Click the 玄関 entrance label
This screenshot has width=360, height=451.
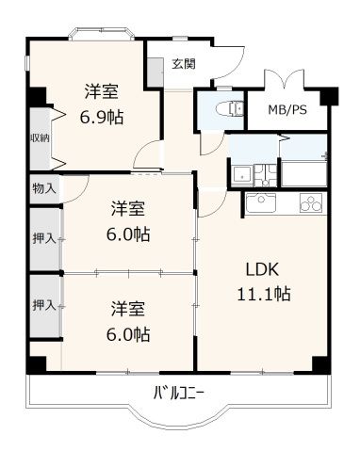click(x=183, y=64)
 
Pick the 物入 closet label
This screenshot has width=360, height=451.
click(x=43, y=187)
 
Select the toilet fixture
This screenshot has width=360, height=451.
click(x=221, y=109)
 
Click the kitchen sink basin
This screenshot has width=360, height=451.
click(x=259, y=201)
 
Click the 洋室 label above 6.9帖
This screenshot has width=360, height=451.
click(x=102, y=92)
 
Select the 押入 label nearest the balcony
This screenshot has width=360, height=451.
click(x=43, y=305)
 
